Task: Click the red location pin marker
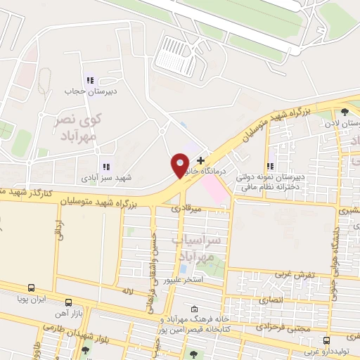coord(180,165)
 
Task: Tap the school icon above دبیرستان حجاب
coord(89,79)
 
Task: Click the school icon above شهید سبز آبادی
coord(105,167)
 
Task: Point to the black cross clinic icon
coord(201,161)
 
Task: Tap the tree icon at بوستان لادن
coord(344,111)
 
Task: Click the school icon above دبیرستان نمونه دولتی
coord(271,167)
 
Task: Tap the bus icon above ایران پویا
coord(31,288)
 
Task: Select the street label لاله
coord(127,290)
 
